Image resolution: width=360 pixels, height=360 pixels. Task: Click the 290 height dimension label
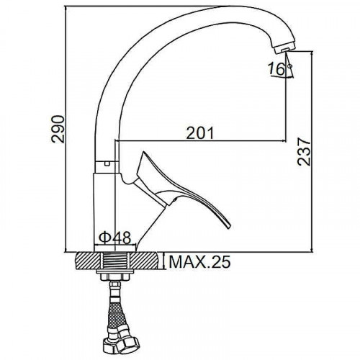[x=58, y=130]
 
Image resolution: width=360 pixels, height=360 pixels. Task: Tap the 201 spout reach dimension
[x=200, y=133]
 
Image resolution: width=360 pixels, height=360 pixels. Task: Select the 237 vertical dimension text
[x=304, y=151]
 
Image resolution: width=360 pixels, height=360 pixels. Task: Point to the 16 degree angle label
[x=276, y=68]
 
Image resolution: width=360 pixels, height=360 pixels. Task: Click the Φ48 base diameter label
[x=114, y=238]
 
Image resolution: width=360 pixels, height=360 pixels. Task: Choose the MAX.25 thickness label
[x=199, y=261]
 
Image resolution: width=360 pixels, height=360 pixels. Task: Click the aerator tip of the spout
[x=284, y=49]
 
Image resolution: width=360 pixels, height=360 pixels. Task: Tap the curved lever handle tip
[x=228, y=225]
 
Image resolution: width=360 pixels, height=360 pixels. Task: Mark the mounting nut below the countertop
[x=114, y=275]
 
